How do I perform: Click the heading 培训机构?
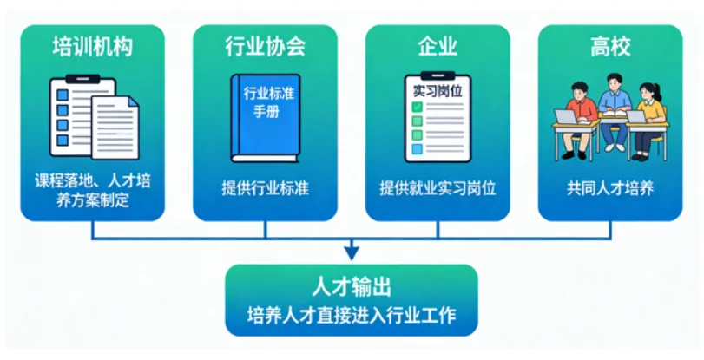[92, 46]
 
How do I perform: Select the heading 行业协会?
[265, 46]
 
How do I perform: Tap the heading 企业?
[438, 46]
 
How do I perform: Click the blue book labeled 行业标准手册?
[265, 117]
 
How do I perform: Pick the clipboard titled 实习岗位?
[438, 119]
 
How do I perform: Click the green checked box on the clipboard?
[418, 107]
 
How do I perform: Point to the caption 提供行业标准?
[265, 188]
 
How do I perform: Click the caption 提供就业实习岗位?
[438, 188]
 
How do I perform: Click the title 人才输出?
[351, 287]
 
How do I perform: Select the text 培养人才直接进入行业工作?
[351, 314]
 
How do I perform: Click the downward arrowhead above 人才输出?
[351, 252]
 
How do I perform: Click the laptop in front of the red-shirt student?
[567, 117]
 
